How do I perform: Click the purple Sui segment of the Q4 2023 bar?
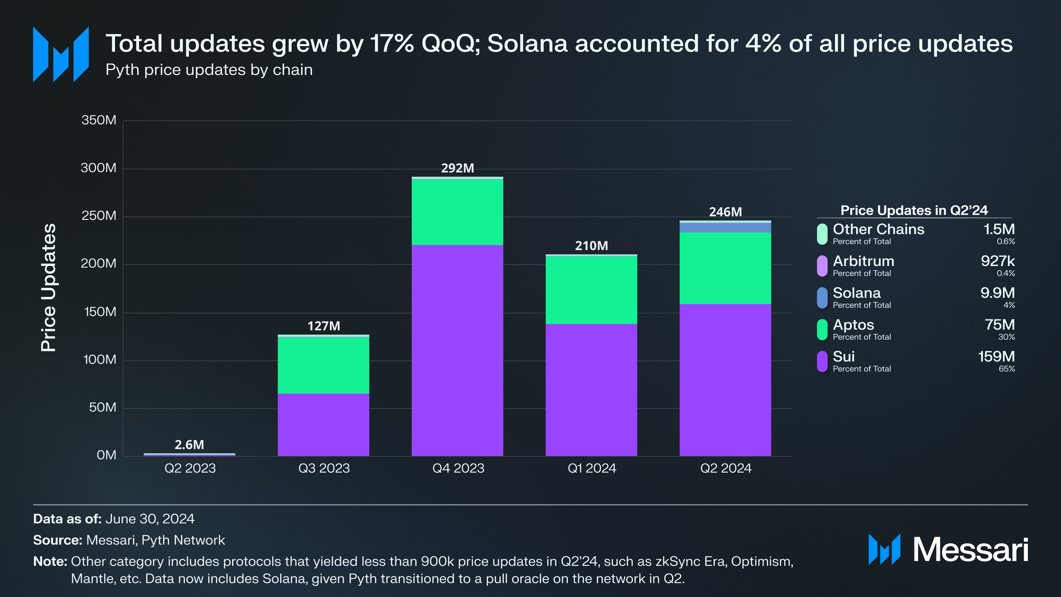(457, 350)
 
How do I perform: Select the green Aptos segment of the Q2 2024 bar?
(725, 268)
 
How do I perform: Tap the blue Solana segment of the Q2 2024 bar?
(725, 227)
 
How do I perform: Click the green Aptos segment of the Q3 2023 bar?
(323, 365)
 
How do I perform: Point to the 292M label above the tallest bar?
(457, 168)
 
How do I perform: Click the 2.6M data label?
(189, 444)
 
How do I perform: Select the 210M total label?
(591, 246)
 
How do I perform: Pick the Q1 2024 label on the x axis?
(591, 468)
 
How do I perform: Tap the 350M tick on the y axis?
(99, 120)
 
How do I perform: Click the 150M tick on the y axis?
(99, 312)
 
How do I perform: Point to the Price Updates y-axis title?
(49, 287)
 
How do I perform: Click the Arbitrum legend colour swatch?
(822, 266)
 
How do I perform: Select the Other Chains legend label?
(878, 229)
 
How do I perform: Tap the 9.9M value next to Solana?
(997, 293)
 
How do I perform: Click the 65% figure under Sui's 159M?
(1007, 369)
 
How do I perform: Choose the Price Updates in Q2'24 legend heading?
(914, 211)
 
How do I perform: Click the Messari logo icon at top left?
(60, 54)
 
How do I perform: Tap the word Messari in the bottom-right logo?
(970, 549)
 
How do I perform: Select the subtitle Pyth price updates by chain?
(209, 70)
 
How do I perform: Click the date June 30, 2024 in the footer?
(150, 519)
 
